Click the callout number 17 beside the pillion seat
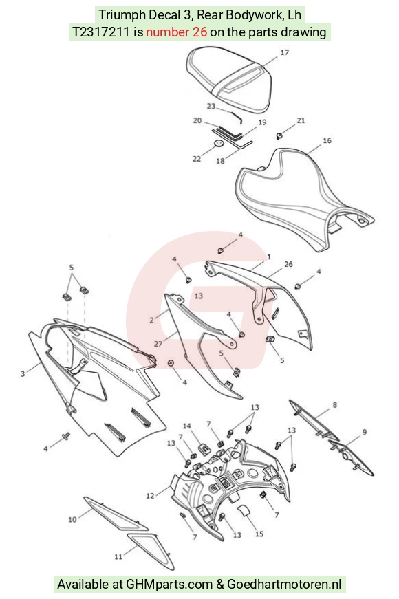(284, 52)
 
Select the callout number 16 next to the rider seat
(327, 140)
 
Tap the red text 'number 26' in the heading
(176, 32)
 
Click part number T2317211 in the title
(101, 32)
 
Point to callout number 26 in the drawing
(288, 264)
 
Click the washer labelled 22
(219, 144)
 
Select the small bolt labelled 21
(279, 135)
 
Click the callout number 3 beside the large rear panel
(23, 373)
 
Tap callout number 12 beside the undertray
(150, 495)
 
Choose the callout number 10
(72, 519)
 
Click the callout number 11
(118, 556)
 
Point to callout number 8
(335, 404)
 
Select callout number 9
(364, 432)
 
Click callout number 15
(259, 534)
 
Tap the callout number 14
(186, 426)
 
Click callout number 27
(158, 344)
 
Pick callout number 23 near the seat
(211, 106)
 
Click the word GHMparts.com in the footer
(169, 584)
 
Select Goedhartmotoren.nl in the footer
(284, 584)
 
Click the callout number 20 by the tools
(197, 120)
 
